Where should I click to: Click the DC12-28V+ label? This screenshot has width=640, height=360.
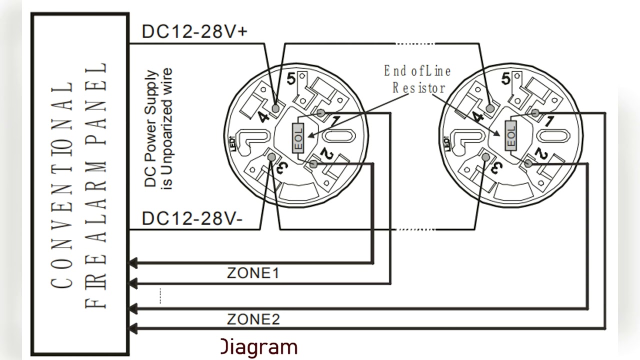[x=194, y=31]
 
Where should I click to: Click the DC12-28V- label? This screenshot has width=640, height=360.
[x=192, y=218]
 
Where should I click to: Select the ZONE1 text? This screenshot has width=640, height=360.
[x=253, y=273]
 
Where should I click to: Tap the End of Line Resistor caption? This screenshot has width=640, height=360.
[x=417, y=79]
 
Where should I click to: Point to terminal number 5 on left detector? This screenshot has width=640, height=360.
[x=291, y=78]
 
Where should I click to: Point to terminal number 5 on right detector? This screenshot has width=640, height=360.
[x=505, y=78]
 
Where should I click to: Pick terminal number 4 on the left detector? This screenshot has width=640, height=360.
[x=263, y=117]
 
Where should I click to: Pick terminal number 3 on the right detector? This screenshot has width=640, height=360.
[x=497, y=167]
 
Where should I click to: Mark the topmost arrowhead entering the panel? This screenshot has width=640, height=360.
[x=133, y=262]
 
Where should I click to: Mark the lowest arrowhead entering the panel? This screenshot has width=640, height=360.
[x=133, y=328]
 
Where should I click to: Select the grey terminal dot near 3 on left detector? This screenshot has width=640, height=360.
[x=271, y=157]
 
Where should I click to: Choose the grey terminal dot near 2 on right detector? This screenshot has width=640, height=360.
[x=528, y=163]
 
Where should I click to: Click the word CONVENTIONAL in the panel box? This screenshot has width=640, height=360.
[x=62, y=185]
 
